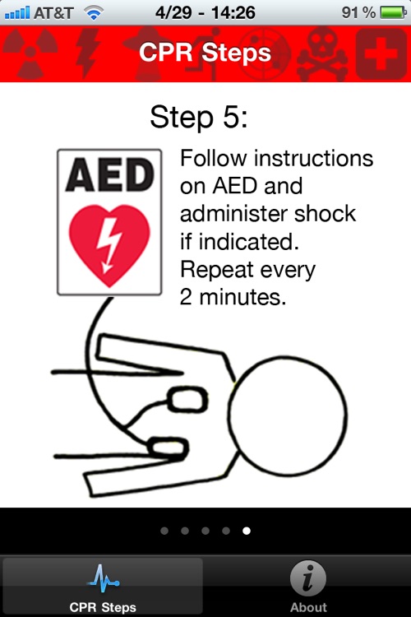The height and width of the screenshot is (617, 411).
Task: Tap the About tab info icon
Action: (308, 578)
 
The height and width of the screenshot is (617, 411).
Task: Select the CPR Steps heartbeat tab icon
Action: (103, 578)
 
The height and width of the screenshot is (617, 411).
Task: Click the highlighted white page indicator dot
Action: (247, 531)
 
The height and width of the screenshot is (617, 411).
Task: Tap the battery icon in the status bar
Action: (393, 12)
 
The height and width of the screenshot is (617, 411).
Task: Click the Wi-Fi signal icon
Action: (94, 13)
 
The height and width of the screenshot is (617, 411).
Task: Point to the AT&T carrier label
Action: (53, 13)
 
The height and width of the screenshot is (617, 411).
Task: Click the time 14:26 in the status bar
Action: (233, 13)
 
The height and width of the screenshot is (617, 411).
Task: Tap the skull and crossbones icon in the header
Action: (321, 54)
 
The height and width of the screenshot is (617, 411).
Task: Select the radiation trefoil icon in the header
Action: (30, 53)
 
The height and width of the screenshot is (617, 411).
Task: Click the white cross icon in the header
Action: (381, 53)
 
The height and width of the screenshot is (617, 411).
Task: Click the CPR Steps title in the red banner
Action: (205, 53)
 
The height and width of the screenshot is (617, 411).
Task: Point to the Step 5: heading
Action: (199, 117)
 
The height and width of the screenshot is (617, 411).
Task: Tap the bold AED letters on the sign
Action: (109, 174)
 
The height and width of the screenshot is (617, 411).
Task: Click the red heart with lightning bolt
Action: (109, 245)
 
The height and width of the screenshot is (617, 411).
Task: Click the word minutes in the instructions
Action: (242, 297)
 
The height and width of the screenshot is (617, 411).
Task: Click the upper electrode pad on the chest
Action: (187, 399)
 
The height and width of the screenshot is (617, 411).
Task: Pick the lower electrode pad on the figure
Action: (169, 448)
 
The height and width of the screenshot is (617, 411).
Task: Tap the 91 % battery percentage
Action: (358, 13)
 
